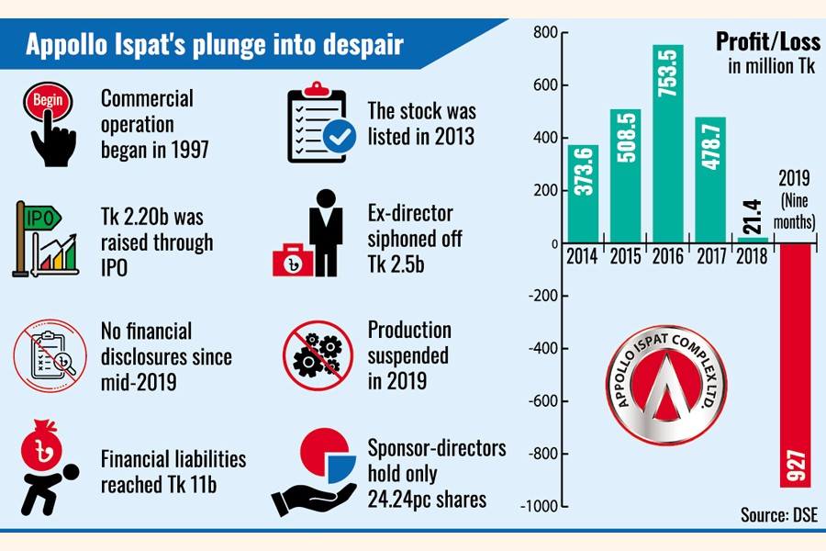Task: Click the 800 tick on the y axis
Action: tap(545, 33)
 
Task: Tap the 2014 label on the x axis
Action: tap(583, 257)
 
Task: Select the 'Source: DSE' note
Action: tap(778, 515)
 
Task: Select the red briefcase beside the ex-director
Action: tap(291, 261)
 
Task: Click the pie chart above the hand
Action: tap(327, 458)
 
